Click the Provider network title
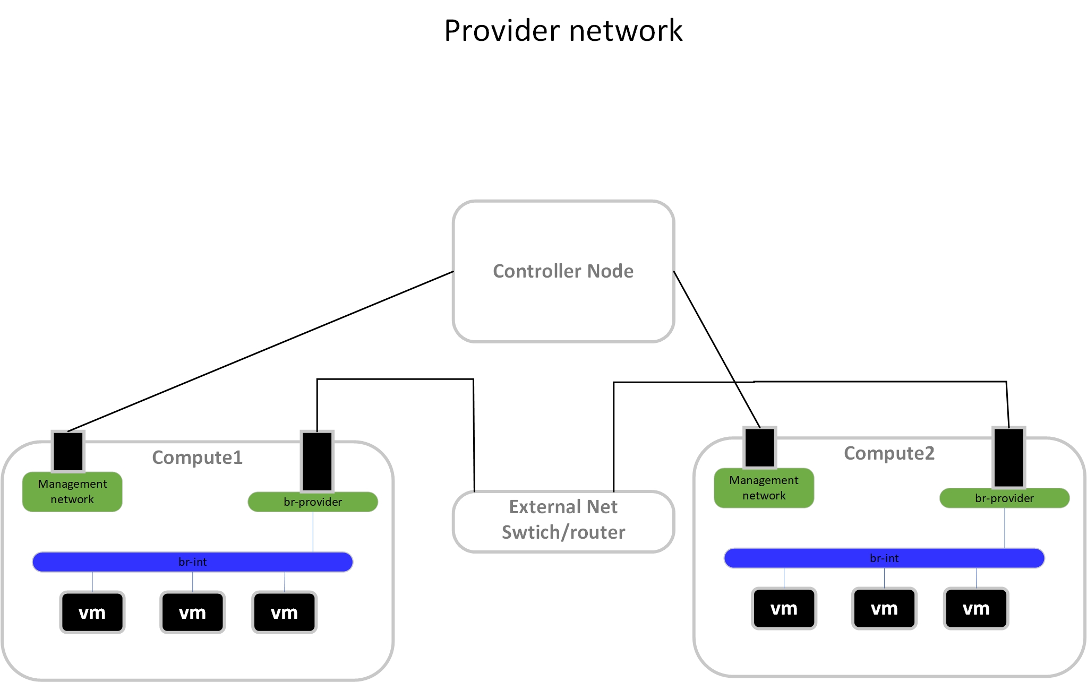point(563,30)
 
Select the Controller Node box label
point(563,271)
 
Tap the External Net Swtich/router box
point(563,520)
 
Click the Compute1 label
point(197,457)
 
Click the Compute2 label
point(889,453)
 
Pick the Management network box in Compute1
point(72,492)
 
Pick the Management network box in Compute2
point(764,488)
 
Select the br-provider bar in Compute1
point(313,502)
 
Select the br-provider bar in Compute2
point(1004,498)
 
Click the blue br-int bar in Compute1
point(192,562)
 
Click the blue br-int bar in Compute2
point(884,558)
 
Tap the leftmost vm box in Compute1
point(92,612)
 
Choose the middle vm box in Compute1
point(192,612)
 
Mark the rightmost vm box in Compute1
point(284,612)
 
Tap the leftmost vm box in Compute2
point(784,609)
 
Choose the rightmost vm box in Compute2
point(976,609)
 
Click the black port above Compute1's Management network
point(68,451)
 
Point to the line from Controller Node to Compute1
point(260,351)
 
